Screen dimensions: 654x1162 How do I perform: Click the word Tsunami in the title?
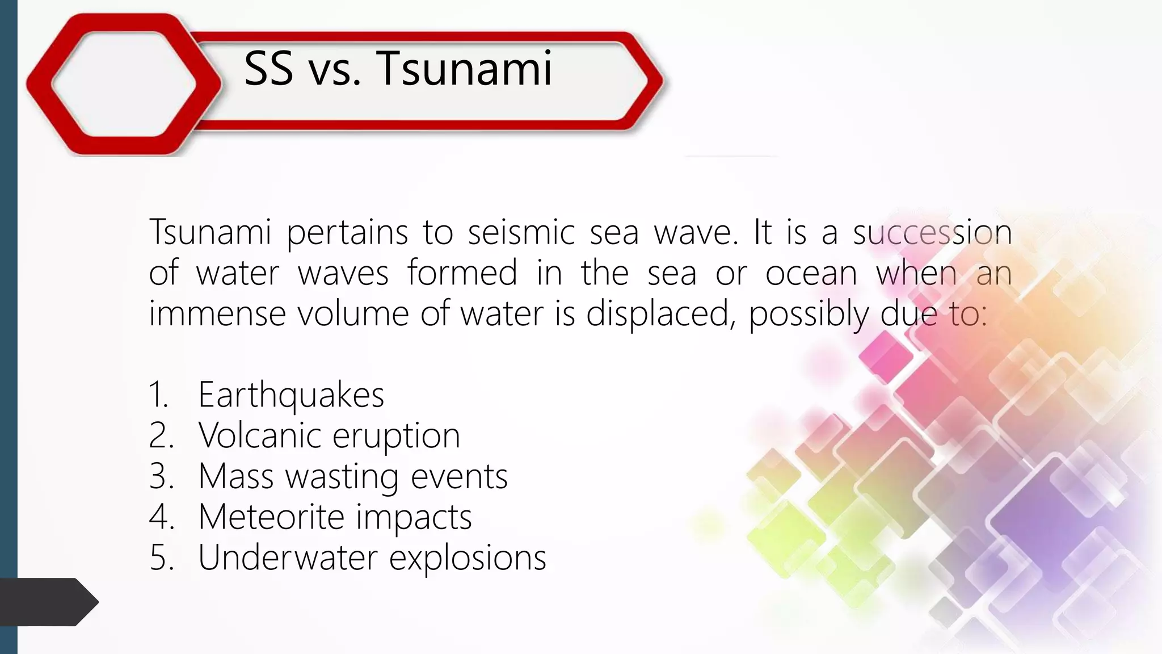464,69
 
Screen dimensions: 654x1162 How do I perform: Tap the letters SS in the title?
269,69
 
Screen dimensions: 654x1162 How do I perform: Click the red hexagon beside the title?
124,84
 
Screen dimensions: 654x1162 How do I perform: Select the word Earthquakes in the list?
291,395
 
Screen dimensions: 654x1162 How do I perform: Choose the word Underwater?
287,557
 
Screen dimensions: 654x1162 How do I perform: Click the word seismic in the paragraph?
521,232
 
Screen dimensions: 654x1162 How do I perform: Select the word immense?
217,313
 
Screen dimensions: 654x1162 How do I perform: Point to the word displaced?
659,313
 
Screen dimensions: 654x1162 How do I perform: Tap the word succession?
932,232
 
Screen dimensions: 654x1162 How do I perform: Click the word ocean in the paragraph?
811,273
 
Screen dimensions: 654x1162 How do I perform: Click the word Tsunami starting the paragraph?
210,232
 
